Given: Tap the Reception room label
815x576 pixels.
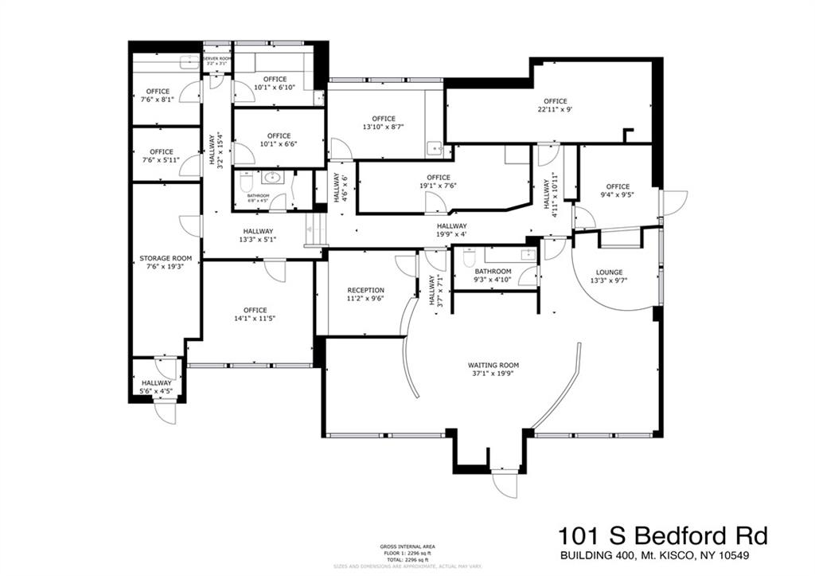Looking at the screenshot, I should point(365,290).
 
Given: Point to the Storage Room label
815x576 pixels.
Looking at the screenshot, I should point(166,258).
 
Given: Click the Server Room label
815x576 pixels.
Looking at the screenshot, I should point(216,59).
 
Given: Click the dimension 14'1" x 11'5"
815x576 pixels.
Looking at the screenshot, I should point(255,319).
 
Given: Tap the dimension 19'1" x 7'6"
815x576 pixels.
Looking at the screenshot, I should point(438,186).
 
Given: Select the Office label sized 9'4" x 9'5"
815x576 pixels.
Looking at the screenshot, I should point(618,186).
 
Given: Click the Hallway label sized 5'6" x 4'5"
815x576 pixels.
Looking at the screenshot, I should point(157,382).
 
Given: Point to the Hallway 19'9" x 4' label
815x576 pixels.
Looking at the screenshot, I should point(451,226).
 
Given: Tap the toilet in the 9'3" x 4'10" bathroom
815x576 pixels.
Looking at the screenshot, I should point(470,258).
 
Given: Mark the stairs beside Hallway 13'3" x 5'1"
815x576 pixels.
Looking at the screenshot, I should point(314,236).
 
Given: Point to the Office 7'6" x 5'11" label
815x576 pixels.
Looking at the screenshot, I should point(162,151).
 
